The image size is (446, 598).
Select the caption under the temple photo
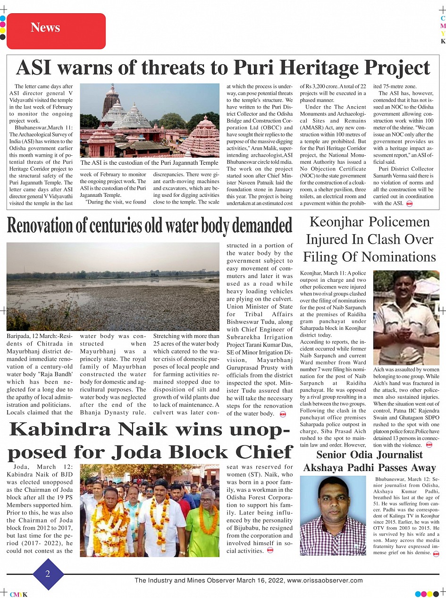[x=149, y=163]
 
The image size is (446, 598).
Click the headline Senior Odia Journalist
[x=369, y=455]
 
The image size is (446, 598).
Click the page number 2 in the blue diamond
[x=48, y=574]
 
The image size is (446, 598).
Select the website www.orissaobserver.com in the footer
[x=325, y=581]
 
